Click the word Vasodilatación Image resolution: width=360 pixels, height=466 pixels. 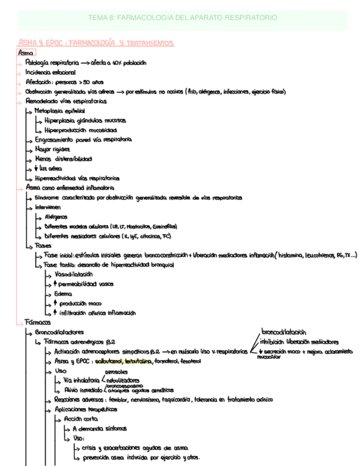click(x=74, y=274)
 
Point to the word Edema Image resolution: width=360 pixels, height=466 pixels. click(x=63, y=293)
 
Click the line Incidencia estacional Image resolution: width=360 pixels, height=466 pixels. click(x=51, y=72)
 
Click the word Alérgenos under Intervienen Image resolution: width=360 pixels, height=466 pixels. click(x=57, y=217)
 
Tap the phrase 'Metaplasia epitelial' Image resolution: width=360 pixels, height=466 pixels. click(x=59, y=110)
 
